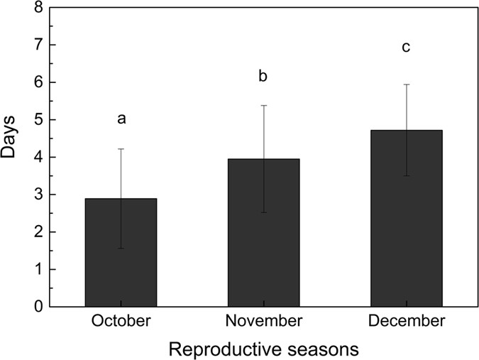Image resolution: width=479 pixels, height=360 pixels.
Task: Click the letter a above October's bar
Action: point(121,119)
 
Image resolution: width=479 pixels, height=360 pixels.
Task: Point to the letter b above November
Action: point(264,76)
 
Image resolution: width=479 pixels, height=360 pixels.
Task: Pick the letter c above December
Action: point(407,48)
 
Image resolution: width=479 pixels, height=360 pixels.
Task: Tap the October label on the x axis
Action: point(121,322)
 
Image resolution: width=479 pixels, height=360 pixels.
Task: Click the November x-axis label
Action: point(264,322)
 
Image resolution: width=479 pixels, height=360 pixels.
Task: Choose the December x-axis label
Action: point(407,322)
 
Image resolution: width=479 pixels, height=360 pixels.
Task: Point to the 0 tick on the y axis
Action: point(38,307)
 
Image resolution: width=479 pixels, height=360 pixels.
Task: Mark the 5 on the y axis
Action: point(38,120)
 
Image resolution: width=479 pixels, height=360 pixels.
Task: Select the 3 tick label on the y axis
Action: point(38,195)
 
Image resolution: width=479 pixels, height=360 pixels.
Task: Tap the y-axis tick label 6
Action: point(38,82)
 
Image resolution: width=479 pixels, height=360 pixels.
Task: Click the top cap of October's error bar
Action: point(121,149)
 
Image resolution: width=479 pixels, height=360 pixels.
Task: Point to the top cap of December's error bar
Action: point(407,84)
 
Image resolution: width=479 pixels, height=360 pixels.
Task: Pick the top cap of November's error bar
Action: point(263,106)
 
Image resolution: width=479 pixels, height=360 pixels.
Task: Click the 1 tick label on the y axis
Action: point(38,270)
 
